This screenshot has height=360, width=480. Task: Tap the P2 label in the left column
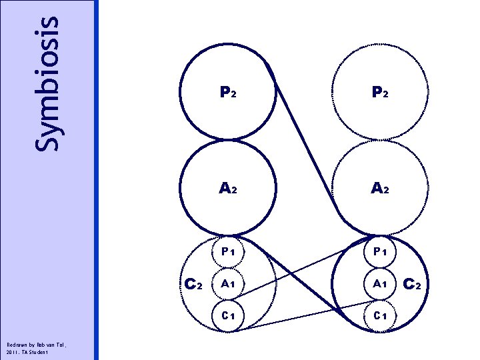click(227, 94)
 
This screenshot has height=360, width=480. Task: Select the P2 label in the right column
click(381, 94)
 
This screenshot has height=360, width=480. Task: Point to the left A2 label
click(227, 189)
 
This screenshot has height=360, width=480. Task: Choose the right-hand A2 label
click(381, 189)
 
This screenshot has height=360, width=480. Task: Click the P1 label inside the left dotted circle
click(227, 251)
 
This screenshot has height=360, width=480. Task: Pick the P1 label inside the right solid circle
click(381, 251)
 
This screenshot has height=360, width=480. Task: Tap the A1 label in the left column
click(227, 283)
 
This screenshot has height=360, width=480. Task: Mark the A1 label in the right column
click(381, 283)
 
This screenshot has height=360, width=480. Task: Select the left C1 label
click(227, 314)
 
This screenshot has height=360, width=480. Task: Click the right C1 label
click(381, 314)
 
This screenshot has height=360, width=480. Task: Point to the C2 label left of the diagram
click(193, 283)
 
